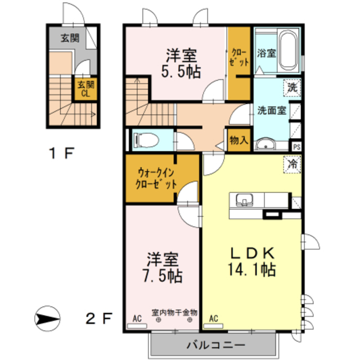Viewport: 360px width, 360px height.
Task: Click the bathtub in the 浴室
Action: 288,50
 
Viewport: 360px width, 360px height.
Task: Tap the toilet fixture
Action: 146,140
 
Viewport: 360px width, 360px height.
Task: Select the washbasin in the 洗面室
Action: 265,144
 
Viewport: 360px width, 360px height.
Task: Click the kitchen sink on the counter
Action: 245,200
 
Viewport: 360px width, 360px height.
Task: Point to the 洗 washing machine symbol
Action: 292,88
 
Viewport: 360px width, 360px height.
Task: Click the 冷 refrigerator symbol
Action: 292,164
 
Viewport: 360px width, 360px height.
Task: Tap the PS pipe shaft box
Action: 296,147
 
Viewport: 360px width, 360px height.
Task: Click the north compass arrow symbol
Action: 47,319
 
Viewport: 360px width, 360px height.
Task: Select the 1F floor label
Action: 61,153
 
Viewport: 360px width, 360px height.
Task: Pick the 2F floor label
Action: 99,318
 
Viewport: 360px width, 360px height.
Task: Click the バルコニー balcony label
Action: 215,345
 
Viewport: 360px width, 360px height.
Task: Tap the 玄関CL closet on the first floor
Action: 85,89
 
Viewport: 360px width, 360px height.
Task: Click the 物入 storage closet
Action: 238,140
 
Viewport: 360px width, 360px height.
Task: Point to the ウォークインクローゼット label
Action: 156,178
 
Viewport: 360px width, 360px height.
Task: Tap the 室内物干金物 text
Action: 174,313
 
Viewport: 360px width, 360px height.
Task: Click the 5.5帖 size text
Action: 181,71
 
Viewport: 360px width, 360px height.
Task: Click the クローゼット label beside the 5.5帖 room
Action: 239,57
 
